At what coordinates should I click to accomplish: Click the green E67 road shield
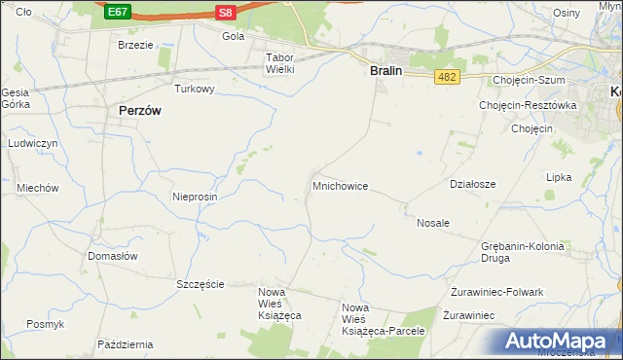click(x=118, y=12)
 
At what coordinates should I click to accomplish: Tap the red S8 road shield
click(x=225, y=12)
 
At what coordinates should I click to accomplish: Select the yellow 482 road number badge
click(x=447, y=77)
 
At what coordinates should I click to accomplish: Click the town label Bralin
click(x=386, y=70)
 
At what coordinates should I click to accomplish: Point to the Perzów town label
click(x=139, y=111)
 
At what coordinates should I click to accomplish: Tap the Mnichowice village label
click(x=340, y=185)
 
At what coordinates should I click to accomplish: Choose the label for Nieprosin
click(x=195, y=197)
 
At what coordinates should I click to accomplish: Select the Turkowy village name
click(x=194, y=89)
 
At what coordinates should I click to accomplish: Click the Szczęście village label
click(x=201, y=284)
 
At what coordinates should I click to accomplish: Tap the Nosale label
click(x=433, y=223)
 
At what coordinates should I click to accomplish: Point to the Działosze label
click(x=473, y=184)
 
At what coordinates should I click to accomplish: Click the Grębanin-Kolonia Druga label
click(x=522, y=253)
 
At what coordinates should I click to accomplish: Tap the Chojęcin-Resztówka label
click(x=529, y=105)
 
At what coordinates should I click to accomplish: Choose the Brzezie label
click(x=135, y=46)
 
